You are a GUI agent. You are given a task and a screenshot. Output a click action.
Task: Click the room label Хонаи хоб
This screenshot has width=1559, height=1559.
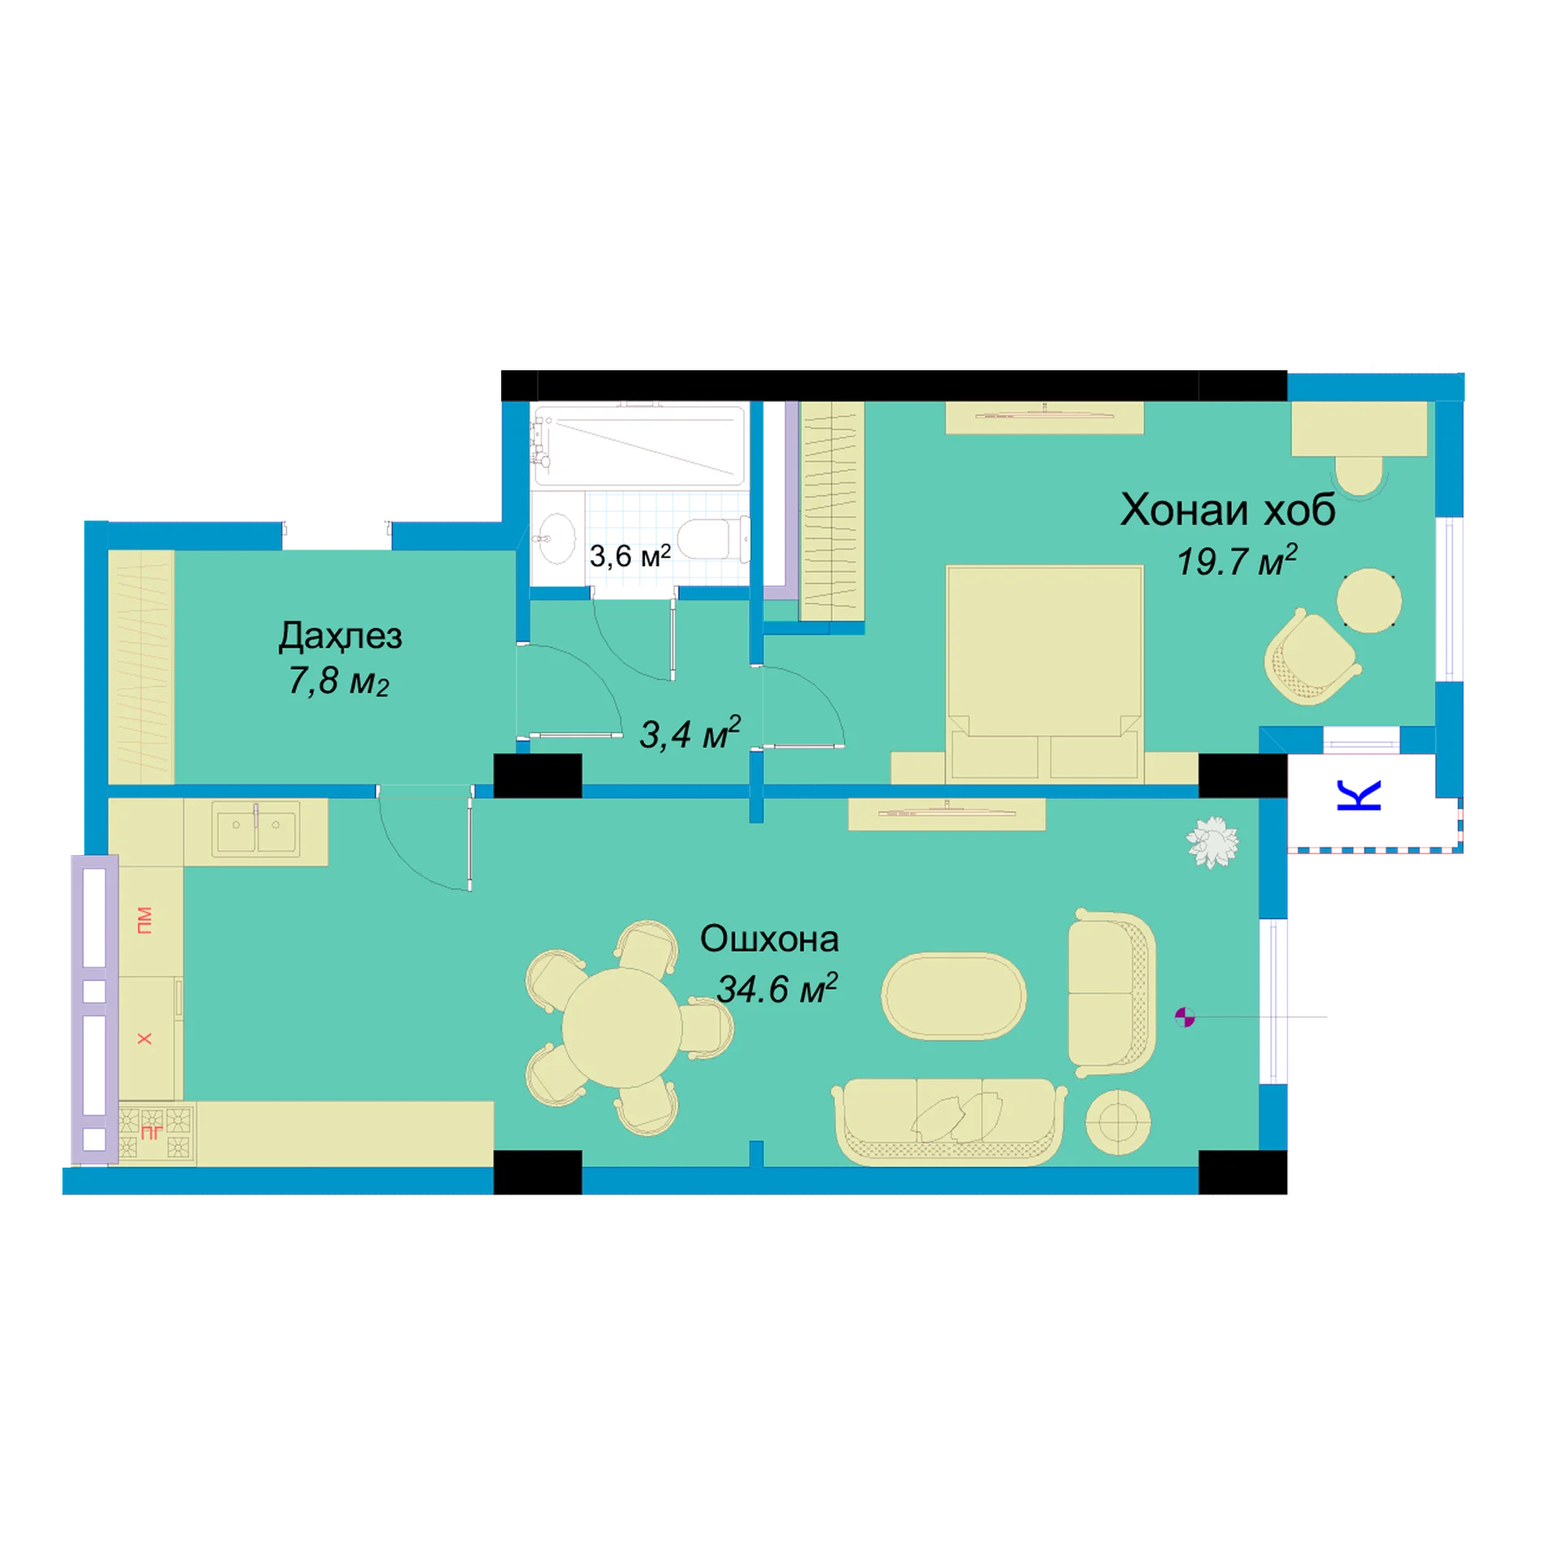click(x=1227, y=510)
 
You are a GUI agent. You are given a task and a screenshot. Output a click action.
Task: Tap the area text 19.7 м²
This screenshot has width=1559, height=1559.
click(x=1237, y=561)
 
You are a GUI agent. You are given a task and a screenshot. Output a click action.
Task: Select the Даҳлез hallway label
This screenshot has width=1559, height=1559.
click(x=340, y=636)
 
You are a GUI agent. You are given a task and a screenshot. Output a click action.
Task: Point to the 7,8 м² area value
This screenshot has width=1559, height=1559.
click(x=339, y=681)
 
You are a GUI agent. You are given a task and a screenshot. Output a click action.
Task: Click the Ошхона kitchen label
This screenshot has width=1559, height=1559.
click(x=769, y=939)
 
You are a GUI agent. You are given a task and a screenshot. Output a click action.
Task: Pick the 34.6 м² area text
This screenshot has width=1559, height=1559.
click(x=777, y=988)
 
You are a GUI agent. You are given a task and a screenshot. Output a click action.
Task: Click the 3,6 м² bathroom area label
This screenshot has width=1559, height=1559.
click(x=629, y=555)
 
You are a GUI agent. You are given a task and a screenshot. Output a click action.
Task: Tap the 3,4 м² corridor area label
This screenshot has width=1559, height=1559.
click(x=689, y=733)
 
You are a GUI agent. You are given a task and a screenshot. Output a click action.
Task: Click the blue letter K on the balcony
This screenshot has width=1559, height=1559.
click(x=1358, y=796)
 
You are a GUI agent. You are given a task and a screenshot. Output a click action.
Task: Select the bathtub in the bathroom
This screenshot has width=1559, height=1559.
click(x=639, y=446)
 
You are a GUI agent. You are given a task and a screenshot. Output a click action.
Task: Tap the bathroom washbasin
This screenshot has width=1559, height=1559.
click(x=556, y=538)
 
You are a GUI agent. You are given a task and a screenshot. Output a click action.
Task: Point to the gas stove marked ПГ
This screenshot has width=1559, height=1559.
click(x=155, y=1133)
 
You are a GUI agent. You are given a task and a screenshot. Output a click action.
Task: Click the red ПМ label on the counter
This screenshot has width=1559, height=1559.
click(x=145, y=920)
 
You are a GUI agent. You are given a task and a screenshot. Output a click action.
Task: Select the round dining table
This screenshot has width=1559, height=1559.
click(x=622, y=1028)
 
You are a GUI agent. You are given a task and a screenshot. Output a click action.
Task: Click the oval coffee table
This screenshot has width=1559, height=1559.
click(x=953, y=995)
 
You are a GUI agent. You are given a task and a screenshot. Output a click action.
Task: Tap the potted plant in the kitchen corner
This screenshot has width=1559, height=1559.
click(x=1212, y=842)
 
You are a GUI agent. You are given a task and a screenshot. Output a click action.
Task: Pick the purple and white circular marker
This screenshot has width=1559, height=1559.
click(x=1185, y=1017)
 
